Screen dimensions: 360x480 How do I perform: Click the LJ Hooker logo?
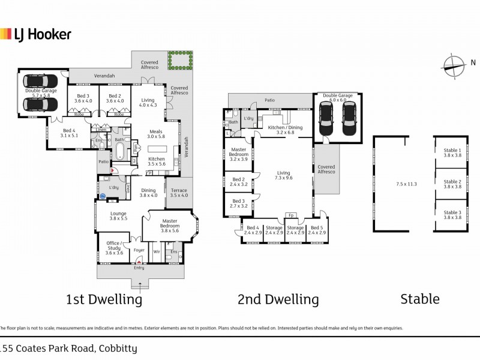[x=36, y=34]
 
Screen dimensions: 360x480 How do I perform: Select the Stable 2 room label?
[x=452, y=184]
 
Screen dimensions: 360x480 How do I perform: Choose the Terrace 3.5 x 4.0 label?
[x=179, y=193]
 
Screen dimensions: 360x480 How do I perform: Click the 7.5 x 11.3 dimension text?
[x=406, y=184]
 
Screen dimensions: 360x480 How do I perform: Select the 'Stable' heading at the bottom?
[x=419, y=298]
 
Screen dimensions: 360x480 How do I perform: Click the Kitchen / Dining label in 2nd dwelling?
[x=285, y=130]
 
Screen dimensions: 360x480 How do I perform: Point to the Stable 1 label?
[x=452, y=152]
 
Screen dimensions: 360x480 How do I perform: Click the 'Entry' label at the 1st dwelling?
[x=139, y=268]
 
